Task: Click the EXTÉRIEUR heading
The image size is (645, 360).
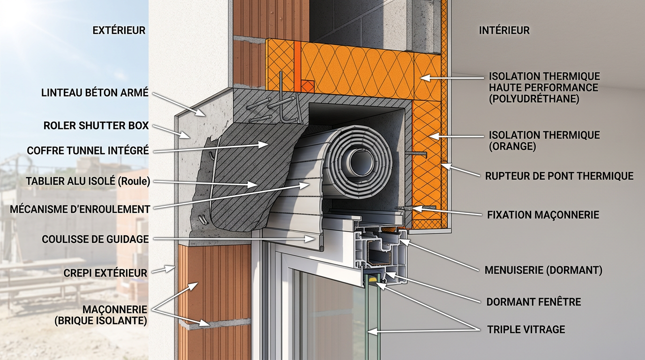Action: pyautogui.click(x=119, y=30)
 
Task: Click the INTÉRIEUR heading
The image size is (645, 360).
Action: pyautogui.click(x=504, y=30)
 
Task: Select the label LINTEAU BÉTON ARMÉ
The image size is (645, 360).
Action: pyautogui.click(x=95, y=93)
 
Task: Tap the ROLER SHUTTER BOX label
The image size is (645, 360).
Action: pyautogui.click(x=96, y=126)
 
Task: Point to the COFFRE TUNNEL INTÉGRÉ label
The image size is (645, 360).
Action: pyautogui.click(x=88, y=150)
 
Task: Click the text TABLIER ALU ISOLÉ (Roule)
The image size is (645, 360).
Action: pyautogui.click(x=88, y=181)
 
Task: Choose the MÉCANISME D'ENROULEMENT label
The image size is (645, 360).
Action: pyautogui.click(x=80, y=210)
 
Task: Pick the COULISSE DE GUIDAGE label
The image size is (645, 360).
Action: pyautogui.click(x=95, y=239)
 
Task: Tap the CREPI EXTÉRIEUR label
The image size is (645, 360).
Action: pyautogui.click(x=105, y=273)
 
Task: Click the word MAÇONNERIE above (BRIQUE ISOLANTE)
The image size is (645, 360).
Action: pyautogui.click(x=115, y=309)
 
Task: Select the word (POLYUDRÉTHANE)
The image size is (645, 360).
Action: pyautogui.click(x=534, y=99)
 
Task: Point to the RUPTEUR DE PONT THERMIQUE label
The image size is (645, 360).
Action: pyautogui.click(x=559, y=176)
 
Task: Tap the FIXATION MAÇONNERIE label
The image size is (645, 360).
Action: pyautogui.click(x=543, y=215)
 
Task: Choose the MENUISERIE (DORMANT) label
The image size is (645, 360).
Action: pyautogui.click(x=543, y=270)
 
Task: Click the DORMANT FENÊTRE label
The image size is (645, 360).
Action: pyautogui.click(x=533, y=302)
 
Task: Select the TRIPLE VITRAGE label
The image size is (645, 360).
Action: pyautogui.click(x=526, y=329)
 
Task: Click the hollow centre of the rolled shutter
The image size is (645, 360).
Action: pyautogui.click(x=360, y=164)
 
